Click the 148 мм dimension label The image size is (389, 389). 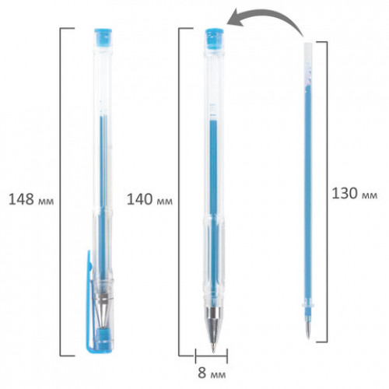click(x=31, y=199)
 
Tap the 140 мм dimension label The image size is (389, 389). click(x=149, y=200)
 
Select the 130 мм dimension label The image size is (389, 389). click(x=355, y=194)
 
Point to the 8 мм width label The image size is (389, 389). click(x=212, y=373)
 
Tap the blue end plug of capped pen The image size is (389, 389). click(x=103, y=38)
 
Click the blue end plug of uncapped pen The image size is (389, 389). click(x=214, y=38)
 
